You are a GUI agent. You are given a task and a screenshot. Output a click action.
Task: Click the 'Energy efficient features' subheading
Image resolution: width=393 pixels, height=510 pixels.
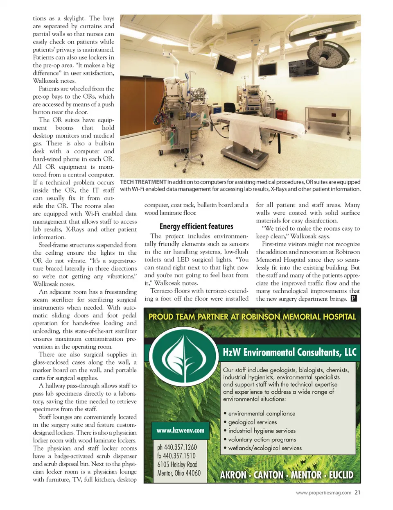pos(196,227)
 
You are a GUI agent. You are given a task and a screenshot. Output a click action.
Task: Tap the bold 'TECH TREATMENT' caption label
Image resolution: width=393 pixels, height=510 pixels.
pos(143,182)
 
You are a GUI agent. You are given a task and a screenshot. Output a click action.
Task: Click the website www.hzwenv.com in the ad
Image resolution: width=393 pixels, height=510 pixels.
pos(180,431)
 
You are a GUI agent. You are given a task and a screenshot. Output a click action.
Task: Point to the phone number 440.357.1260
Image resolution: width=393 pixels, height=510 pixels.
pos(177,447)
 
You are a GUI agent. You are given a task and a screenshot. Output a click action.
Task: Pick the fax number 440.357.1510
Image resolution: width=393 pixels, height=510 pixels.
pos(176,456)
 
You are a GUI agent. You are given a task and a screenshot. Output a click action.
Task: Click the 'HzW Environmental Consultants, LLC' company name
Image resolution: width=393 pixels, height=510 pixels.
pos(289,352)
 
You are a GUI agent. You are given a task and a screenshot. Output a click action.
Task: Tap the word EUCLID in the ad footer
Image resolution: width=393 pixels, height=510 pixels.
pos(341,475)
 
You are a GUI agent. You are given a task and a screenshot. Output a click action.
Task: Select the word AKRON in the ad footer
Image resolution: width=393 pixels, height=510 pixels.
pos(233,475)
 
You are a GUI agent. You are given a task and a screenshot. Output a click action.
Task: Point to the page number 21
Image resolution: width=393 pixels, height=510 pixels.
pos(357,493)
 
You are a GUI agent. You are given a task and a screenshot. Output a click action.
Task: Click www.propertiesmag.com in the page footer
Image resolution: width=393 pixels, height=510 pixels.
pos(323,493)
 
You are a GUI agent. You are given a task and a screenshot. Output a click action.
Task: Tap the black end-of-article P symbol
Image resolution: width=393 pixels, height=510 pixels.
pos(354,299)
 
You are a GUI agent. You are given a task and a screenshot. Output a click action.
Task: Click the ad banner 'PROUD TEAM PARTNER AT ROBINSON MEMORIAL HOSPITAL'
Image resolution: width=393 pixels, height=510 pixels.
pos(252,317)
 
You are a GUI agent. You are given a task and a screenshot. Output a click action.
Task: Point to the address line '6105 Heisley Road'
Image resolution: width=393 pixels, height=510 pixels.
pos(177,465)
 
